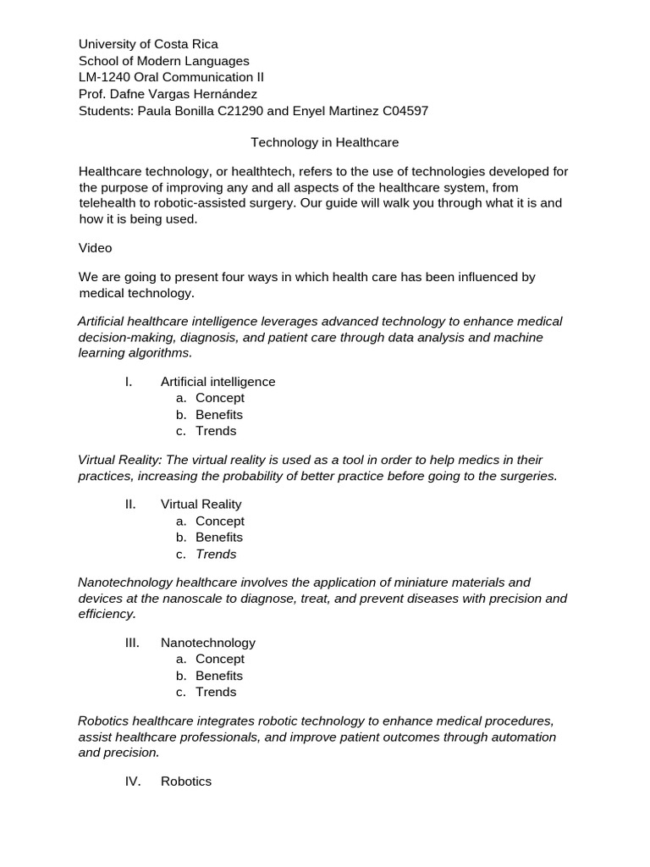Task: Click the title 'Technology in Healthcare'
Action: click(325, 142)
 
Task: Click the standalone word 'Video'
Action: click(96, 248)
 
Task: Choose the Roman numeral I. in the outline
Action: click(129, 382)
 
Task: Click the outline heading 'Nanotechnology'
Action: click(207, 643)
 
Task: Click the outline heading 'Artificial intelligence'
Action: click(218, 382)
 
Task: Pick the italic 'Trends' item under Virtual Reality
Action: click(216, 555)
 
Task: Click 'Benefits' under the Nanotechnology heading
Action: click(218, 676)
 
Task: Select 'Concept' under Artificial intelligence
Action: click(219, 398)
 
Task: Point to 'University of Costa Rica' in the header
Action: click(148, 44)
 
